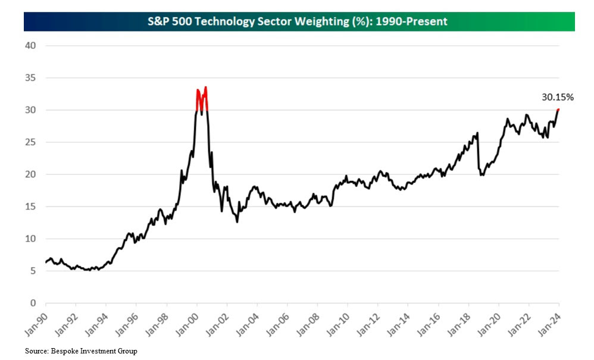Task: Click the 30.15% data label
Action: point(558,97)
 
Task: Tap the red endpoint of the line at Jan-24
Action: point(558,109)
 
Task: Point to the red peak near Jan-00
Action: point(205,88)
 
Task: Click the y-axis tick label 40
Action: point(30,46)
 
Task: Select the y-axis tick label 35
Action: point(30,78)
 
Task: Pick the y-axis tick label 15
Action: point(30,206)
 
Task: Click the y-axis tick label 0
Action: point(33,303)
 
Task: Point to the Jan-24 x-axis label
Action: point(552,324)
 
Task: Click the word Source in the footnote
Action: point(35,352)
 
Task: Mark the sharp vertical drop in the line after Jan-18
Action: point(478,155)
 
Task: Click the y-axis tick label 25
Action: point(30,142)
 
